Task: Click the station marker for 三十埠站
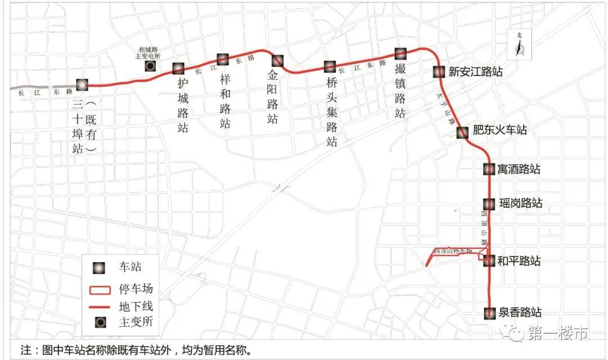[82, 85]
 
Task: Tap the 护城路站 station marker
[178, 69]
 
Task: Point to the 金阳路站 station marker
[278, 60]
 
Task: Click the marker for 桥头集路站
[330, 67]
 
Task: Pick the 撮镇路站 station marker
[400, 53]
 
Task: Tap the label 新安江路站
[475, 72]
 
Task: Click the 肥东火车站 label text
[499, 130]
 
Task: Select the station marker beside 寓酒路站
[489, 169]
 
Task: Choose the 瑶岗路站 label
[520, 203]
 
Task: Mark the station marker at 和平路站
[489, 260]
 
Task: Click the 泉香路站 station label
[520, 313]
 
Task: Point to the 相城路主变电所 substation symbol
[150, 67]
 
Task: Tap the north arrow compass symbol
[520, 47]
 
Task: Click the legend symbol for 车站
[99, 268]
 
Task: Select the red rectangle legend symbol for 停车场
[99, 290]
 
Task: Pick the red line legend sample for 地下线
[99, 307]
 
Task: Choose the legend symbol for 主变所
[99, 323]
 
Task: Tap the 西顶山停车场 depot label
[453, 250]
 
